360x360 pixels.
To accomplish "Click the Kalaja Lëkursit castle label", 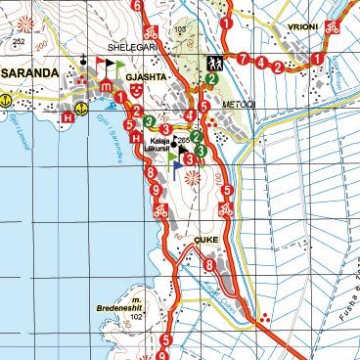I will pyautogui.click(x=160, y=146).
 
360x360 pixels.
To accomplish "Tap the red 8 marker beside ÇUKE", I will pyautogui.click(x=209, y=264).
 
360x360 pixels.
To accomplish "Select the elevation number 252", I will pyautogui.click(x=19, y=43).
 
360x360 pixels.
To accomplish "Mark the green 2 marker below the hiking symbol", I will pyautogui.click(x=211, y=79).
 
